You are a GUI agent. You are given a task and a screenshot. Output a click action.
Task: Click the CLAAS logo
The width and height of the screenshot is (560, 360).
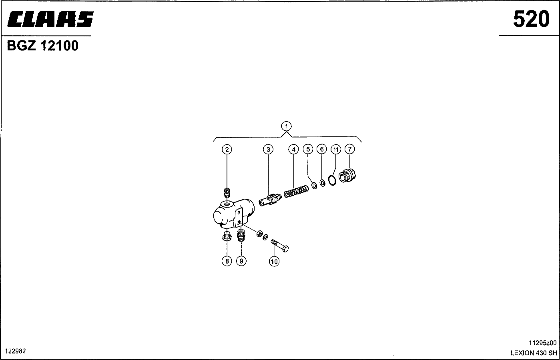coord(50,19)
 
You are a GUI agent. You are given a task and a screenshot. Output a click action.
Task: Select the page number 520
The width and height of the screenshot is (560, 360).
coord(531,19)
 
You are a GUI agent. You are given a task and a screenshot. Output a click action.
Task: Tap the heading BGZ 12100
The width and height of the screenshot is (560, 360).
coord(43,46)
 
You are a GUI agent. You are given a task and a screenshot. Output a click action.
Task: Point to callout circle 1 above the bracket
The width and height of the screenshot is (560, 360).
coord(286,126)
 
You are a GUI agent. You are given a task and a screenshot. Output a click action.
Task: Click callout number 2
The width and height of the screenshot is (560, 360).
coord(227,149)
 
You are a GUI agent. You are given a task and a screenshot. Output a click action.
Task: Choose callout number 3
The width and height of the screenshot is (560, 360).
coord(268,149)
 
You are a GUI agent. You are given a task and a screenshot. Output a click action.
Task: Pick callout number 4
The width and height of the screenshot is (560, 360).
coord(293,149)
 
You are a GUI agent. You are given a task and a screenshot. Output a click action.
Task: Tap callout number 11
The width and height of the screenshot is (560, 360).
coord(336,149)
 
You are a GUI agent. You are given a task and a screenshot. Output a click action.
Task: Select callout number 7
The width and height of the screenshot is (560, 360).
coord(350,149)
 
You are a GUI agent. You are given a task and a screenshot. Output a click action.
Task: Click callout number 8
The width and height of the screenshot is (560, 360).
coord(227,261)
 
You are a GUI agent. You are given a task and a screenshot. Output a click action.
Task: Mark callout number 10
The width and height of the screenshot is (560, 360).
coord(274,262)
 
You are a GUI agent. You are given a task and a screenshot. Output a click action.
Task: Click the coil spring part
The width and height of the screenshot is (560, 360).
coord(296,191)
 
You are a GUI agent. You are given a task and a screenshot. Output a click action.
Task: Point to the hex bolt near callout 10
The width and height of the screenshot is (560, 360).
coord(280,245)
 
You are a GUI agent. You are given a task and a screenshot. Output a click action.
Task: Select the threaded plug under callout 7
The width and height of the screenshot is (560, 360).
coord(347,175)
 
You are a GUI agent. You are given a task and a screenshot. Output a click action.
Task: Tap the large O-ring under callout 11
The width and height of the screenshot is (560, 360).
coord(332,180)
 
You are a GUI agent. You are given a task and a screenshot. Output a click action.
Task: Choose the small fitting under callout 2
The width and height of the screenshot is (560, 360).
coord(227,192)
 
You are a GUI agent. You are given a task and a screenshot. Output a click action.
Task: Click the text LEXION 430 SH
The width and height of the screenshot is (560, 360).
coord(534,353)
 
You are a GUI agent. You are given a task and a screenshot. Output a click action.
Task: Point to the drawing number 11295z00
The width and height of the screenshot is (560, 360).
coord(542,343)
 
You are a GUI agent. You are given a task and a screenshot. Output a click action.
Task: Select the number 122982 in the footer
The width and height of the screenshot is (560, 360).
coord(16,351)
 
